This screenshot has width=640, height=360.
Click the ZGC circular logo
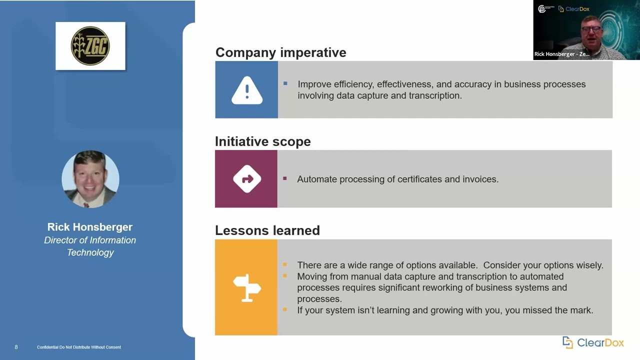[90, 46]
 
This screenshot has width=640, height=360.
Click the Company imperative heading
[280, 52]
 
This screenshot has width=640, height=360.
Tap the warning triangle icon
[246, 90]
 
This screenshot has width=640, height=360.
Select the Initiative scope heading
[262, 141]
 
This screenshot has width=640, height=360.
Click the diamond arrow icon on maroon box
[246, 179]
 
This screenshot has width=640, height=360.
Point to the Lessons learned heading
[267, 230]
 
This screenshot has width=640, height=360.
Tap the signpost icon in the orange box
[246, 287]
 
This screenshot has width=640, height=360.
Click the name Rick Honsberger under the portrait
[90, 227]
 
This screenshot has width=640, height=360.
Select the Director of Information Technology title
[90, 246]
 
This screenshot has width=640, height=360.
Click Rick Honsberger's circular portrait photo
[90, 179]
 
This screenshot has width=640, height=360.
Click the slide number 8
[16, 347]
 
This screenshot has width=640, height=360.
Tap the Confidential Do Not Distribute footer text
[79, 347]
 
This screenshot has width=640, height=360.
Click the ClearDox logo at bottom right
[593, 342]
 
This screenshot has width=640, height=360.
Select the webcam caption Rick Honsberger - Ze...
[561, 54]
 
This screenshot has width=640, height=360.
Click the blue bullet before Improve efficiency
[285, 83]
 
